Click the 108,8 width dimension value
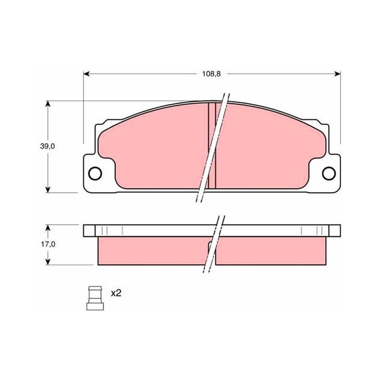click(x=211, y=74)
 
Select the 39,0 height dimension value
click(x=47, y=146)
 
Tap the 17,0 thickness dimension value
click(x=48, y=244)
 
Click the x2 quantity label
click(x=116, y=294)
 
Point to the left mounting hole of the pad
click(x=95, y=173)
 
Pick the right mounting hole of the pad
click(x=329, y=173)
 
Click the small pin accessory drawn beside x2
click(x=95, y=298)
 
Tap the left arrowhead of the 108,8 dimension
click(x=86, y=74)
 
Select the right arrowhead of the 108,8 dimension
click(x=337, y=74)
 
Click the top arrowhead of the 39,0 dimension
click(x=48, y=104)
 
